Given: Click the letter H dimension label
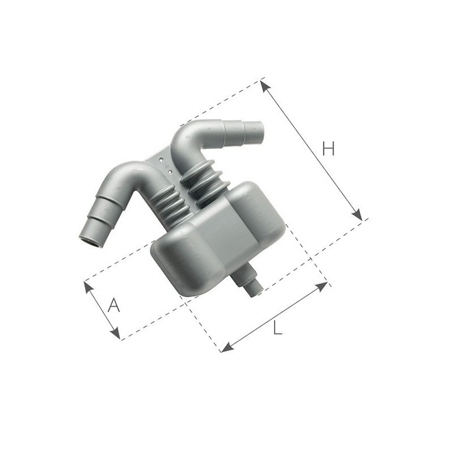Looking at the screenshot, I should pos(329,149).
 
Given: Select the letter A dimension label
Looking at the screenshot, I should pos(114,306).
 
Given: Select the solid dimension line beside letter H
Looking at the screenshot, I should pos(311,150).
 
